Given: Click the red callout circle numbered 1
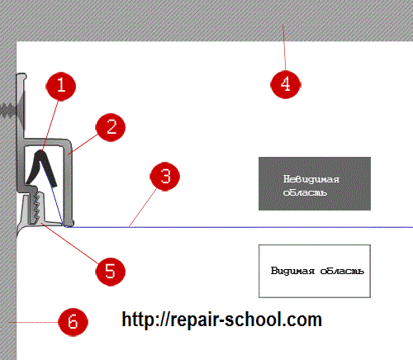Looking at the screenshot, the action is pyautogui.click(x=60, y=87).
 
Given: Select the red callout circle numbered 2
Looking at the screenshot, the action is pyautogui.click(x=111, y=127).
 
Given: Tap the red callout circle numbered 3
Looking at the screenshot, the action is pyautogui.click(x=165, y=176).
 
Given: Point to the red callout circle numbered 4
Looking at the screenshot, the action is pyautogui.click(x=286, y=84).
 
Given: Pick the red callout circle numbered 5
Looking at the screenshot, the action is pyautogui.click(x=111, y=272).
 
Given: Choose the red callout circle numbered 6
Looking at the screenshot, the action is pyautogui.click(x=73, y=322).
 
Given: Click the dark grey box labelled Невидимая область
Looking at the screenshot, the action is pyautogui.click(x=315, y=183).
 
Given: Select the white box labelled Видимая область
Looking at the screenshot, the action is pyautogui.click(x=315, y=271).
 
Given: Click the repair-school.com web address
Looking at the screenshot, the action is pyautogui.click(x=222, y=320).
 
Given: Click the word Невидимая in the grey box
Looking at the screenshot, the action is pyautogui.click(x=311, y=179).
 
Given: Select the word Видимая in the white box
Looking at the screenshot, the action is pyautogui.click(x=292, y=271).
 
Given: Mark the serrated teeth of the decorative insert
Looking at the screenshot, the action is pyautogui.click(x=36, y=207).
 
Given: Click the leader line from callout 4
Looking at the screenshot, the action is pyautogui.click(x=284, y=47).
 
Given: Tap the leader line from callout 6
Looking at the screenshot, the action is pyautogui.click(x=33, y=322).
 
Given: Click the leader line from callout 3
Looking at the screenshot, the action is pyautogui.click(x=143, y=208).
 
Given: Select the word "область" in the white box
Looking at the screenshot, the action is pyautogui.click(x=342, y=271).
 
